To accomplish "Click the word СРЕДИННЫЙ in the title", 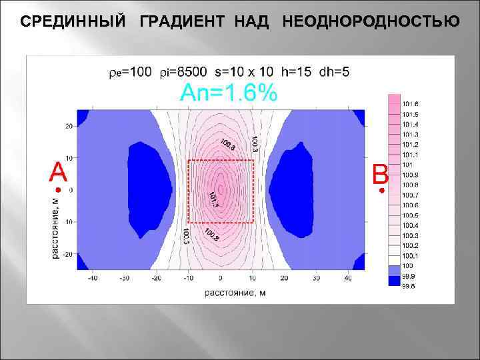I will coord(72,21).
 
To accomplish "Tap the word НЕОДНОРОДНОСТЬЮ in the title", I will coord(371,21).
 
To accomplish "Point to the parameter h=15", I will coord(296,71).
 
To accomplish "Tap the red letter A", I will coord(59,173).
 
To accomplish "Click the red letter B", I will coord(381,175).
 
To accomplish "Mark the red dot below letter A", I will coord(57,191).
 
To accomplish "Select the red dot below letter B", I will coord(381,191).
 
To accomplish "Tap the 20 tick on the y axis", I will coord(69,126).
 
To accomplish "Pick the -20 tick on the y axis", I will coord(68,254).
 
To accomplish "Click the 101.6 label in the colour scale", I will coord(411,104).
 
